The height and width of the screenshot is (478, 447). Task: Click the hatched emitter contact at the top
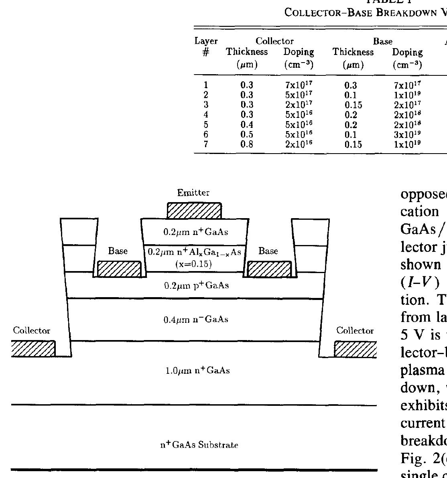(x=194, y=211)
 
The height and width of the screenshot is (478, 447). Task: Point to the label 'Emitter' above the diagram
(x=193, y=193)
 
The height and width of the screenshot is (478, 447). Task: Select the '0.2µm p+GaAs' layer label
(x=196, y=286)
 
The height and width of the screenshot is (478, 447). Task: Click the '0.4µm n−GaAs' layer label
(x=196, y=320)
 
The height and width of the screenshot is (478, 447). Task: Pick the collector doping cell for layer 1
(x=299, y=85)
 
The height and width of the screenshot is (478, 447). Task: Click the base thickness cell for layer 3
(x=353, y=105)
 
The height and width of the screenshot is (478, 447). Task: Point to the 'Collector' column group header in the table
(x=274, y=41)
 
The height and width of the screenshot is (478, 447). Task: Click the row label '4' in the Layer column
(x=206, y=115)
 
